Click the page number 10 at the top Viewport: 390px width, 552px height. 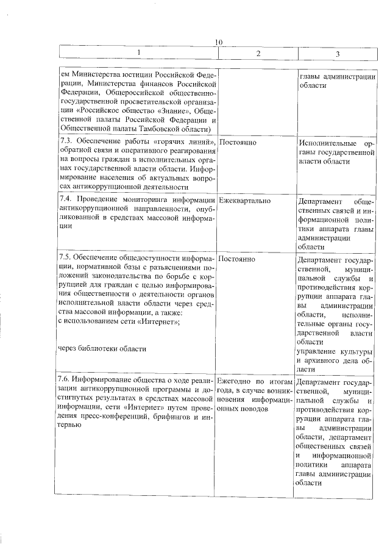coord(219,41)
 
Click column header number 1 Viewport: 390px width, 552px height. coord(138,54)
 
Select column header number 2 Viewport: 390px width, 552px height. coord(258,54)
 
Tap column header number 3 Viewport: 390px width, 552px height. coord(338,54)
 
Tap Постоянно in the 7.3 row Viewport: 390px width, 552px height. coord(237,142)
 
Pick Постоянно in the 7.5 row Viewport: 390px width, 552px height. coord(237,259)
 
